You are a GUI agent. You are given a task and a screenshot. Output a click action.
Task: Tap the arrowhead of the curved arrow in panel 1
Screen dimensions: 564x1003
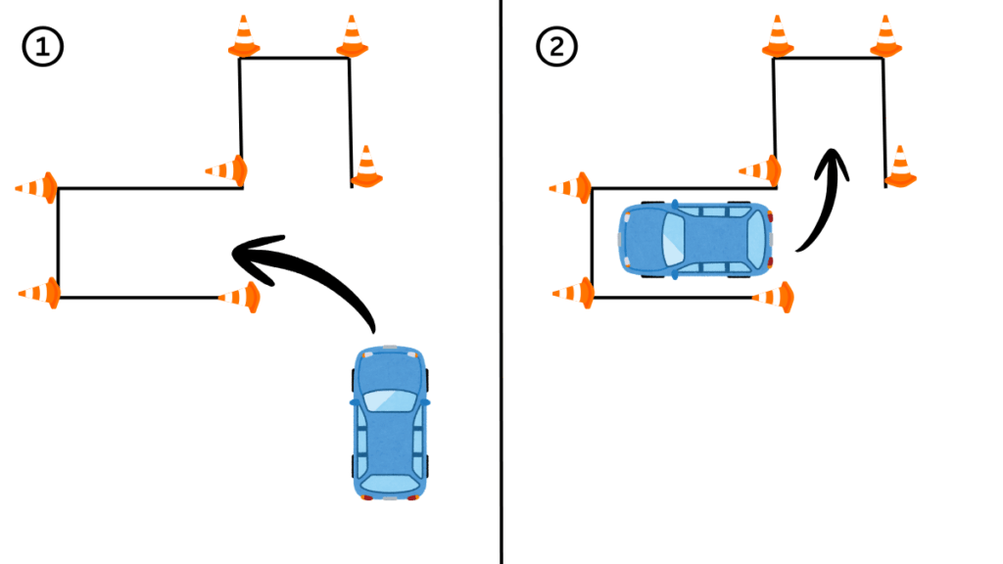(x=245, y=252)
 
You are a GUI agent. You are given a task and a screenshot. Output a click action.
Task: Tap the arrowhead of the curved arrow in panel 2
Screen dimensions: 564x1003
(x=834, y=162)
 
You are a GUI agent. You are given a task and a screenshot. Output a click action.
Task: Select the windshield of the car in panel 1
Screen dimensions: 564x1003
(x=391, y=399)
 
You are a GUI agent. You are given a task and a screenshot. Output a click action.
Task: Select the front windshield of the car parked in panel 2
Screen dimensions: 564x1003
(x=674, y=239)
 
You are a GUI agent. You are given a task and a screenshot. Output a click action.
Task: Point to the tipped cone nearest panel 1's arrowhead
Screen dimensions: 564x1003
(x=240, y=296)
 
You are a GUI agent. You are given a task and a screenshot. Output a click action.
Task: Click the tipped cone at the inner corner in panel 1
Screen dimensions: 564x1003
(x=227, y=170)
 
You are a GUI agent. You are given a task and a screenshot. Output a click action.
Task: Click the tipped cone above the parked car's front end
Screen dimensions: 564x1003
(x=761, y=170)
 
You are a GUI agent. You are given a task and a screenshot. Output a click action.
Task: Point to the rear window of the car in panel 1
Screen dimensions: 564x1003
(x=390, y=481)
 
